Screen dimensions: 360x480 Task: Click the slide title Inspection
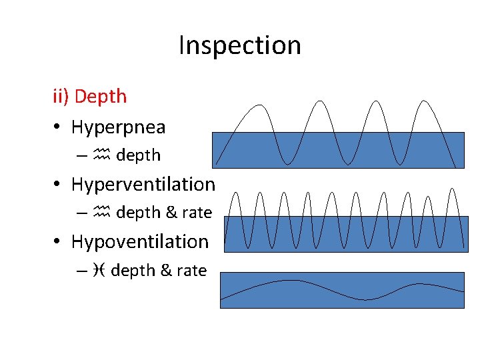pos(239,45)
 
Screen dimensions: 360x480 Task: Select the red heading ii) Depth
pos(89,96)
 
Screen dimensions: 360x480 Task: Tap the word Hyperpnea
pos(118,127)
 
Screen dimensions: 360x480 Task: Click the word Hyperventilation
pos(143,184)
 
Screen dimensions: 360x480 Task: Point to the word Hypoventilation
pos(139,241)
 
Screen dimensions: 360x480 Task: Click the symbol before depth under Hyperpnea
pos(101,155)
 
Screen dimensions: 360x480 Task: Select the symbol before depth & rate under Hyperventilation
pos(101,213)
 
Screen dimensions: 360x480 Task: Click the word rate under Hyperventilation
pos(197,213)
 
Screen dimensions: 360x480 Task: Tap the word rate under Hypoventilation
pos(191,270)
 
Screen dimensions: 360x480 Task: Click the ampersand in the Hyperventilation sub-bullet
pos(171,213)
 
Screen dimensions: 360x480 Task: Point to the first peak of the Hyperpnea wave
pos(257,105)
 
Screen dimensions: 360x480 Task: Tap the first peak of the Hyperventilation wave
pos(235,193)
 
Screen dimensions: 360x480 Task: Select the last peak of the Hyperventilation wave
pos(453,189)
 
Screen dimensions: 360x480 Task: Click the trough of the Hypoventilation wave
pos(366,300)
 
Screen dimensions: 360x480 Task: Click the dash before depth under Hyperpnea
pos(81,156)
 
